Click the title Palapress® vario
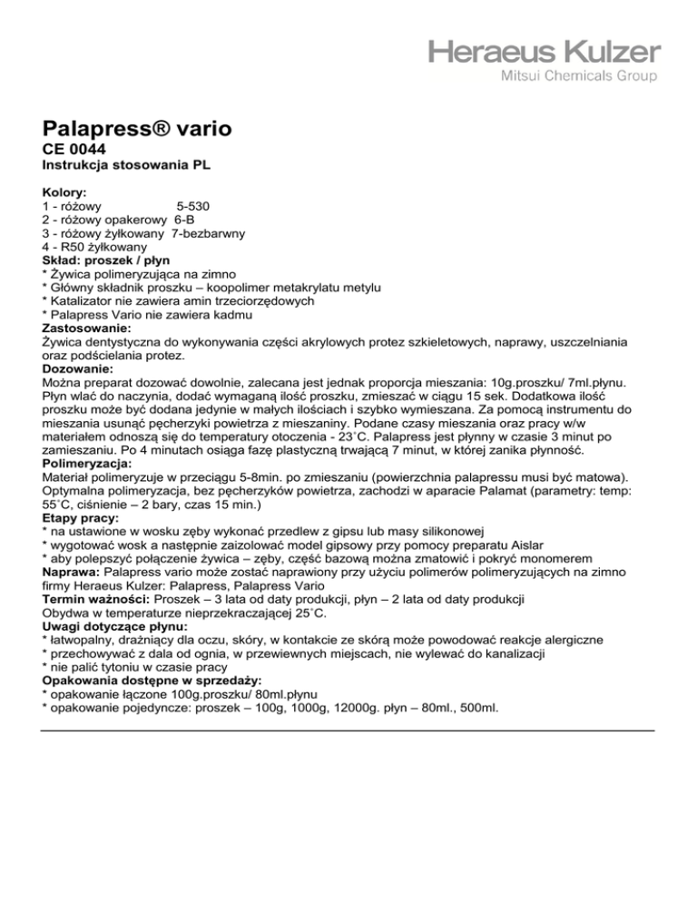[136, 129]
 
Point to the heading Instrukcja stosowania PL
[127, 167]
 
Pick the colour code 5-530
[195, 207]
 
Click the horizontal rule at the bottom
[348, 730]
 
